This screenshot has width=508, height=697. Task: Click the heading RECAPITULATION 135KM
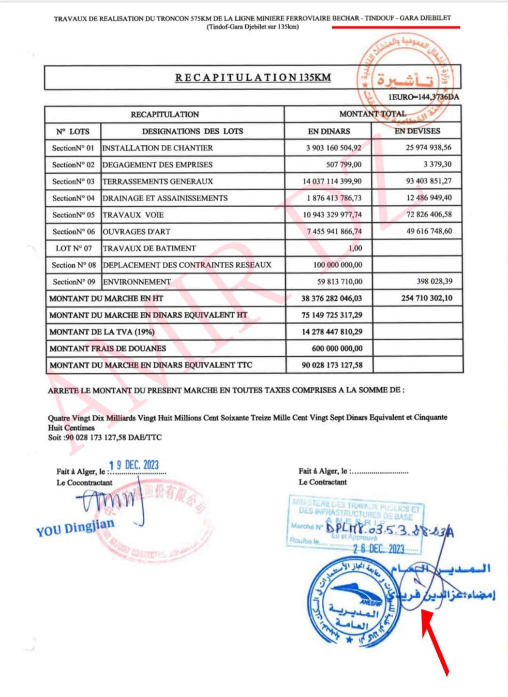pyautogui.click(x=253, y=77)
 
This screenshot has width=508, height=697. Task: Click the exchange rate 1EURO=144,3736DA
pyautogui.click(x=423, y=97)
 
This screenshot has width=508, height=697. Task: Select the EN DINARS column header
pyautogui.click(x=329, y=131)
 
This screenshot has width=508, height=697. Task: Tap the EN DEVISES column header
pyautogui.click(x=418, y=131)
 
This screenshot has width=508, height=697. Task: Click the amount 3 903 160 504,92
pyautogui.click(x=333, y=148)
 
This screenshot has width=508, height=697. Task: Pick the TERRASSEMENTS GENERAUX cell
pyautogui.click(x=158, y=181)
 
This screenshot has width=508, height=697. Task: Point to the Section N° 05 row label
pyautogui.click(x=74, y=215)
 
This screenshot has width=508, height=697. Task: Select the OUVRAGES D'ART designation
pyautogui.click(x=136, y=231)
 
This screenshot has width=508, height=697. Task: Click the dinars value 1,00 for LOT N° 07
pyautogui.click(x=355, y=248)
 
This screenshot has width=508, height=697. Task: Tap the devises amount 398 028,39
pyautogui.click(x=434, y=281)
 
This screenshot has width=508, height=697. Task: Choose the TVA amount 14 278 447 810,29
pyautogui.click(x=332, y=332)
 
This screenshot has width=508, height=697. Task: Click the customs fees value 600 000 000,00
pyautogui.click(x=337, y=348)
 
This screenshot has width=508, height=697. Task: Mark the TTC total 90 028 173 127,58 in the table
pyautogui.click(x=332, y=365)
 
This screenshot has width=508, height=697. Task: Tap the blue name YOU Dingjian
pyautogui.click(x=75, y=527)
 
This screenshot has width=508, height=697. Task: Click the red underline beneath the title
pyautogui.click(x=396, y=27)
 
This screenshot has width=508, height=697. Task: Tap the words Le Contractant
pyautogui.click(x=323, y=482)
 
